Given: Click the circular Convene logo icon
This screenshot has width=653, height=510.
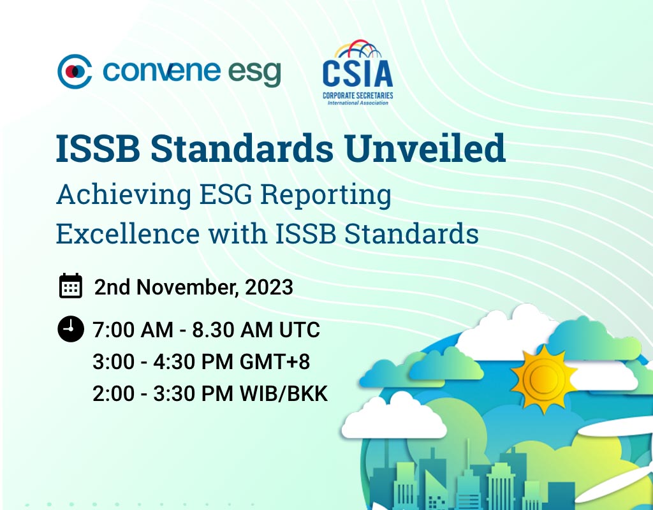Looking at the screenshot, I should pyautogui.click(x=75, y=71).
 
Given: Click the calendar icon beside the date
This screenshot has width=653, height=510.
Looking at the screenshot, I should pyautogui.click(x=71, y=286).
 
